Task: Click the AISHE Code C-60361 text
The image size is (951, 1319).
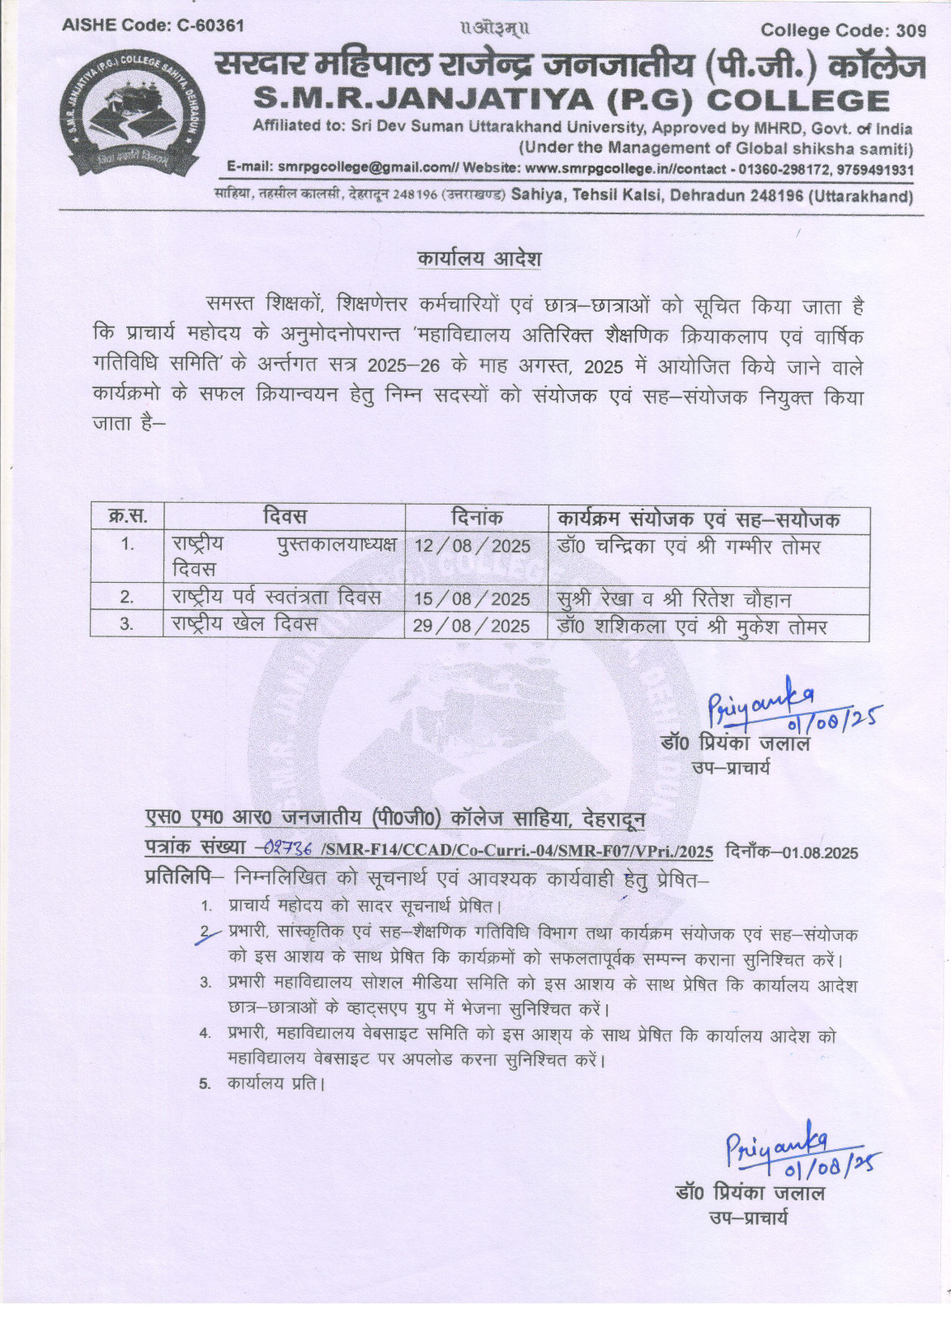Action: click(x=153, y=25)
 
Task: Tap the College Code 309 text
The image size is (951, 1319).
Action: click(x=843, y=31)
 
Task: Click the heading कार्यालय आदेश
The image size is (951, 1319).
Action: click(x=478, y=259)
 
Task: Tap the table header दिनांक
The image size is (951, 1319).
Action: click(x=477, y=519)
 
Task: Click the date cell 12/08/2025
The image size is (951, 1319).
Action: click(x=472, y=547)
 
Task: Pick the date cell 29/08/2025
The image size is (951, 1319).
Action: click(x=471, y=626)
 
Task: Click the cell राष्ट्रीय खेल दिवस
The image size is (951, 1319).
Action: click(x=244, y=624)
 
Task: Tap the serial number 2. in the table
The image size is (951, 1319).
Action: click(x=127, y=597)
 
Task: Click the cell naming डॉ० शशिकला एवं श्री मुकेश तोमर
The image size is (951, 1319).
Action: click(x=691, y=627)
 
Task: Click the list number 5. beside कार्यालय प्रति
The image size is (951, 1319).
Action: click(x=205, y=1084)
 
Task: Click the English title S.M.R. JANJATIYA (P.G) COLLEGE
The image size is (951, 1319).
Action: click(x=571, y=100)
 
